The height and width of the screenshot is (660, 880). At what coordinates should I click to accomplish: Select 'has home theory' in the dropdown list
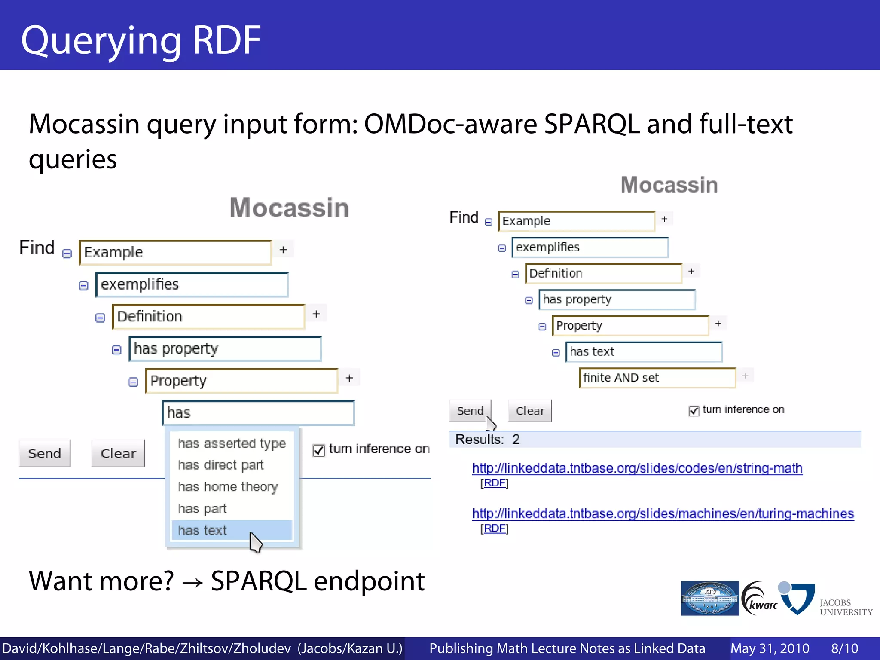[228, 487]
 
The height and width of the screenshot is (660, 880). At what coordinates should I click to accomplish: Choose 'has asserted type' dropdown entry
[232, 443]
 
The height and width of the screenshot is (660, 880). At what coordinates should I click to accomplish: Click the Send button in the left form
[45, 453]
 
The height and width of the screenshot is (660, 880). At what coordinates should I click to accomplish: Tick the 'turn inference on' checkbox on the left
[318, 450]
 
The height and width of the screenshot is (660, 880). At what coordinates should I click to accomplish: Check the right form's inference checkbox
[694, 411]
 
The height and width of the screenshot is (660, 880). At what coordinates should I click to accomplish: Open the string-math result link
[637, 468]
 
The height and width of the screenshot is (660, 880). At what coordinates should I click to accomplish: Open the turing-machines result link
[663, 513]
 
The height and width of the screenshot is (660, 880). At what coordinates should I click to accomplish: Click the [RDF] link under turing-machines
[494, 528]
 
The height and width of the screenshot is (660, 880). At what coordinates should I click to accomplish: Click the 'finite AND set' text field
[657, 378]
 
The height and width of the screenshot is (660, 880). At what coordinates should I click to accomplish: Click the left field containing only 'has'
[258, 413]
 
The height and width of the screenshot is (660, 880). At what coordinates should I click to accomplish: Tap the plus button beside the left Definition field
[316, 314]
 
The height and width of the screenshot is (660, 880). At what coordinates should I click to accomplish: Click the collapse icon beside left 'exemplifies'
[83, 286]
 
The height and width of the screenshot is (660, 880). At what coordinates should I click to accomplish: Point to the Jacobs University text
[846, 607]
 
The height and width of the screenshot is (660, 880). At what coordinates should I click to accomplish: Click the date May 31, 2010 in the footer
[770, 648]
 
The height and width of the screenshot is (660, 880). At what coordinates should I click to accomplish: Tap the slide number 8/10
[844, 648]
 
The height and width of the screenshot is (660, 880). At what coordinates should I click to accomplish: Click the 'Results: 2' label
[487, 440]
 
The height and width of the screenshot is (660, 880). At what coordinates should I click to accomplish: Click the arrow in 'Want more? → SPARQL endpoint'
[192, 582]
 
